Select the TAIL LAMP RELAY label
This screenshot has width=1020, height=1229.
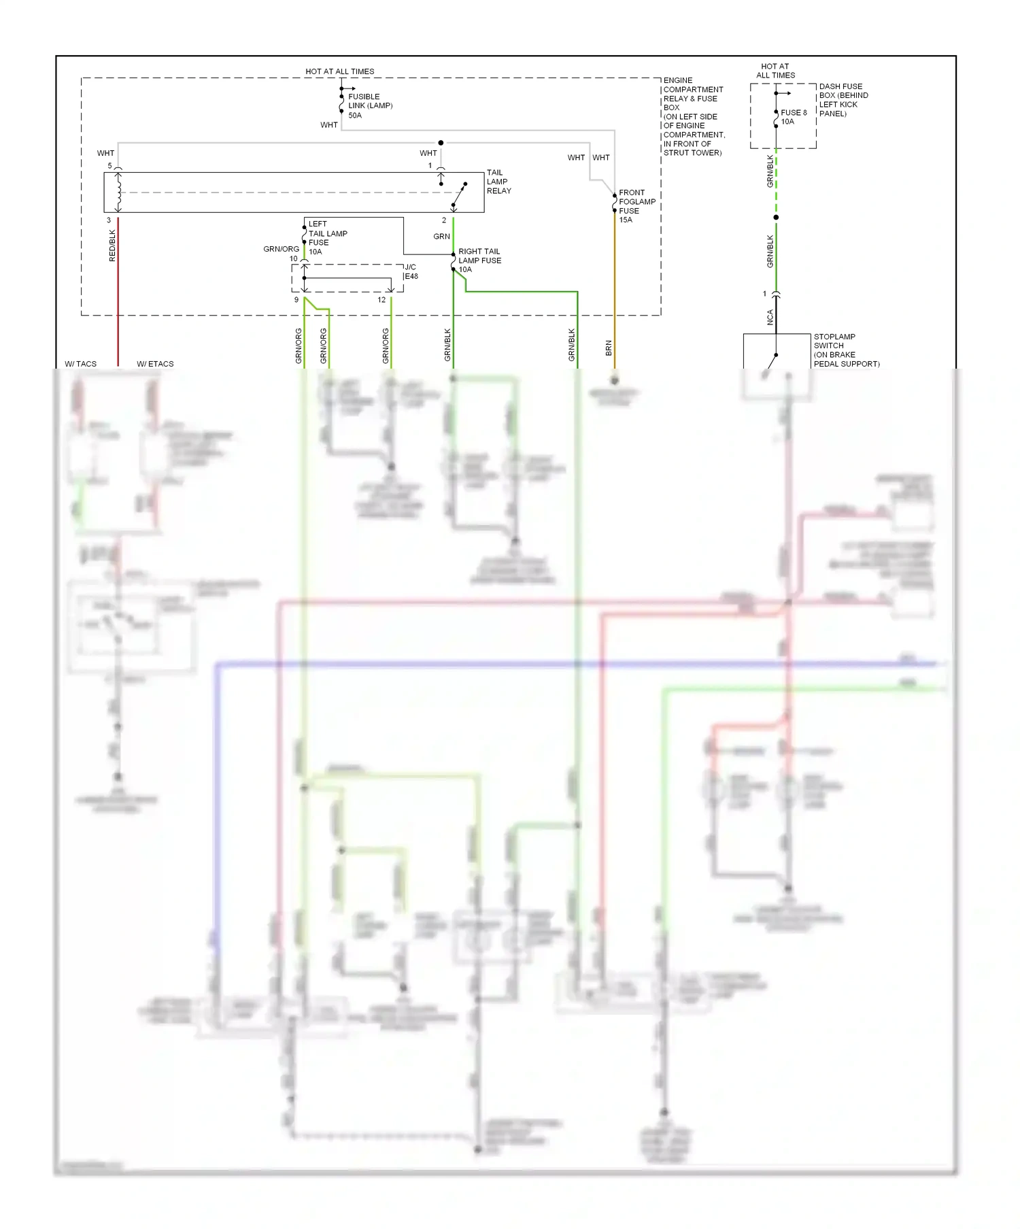click(x=498, y=182)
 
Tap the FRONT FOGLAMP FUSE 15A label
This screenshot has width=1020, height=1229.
click(x=636, y=206)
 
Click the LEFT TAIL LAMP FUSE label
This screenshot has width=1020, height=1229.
click(x=327, y=237)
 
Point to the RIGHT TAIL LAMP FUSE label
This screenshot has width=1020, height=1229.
click(x=479, y=260)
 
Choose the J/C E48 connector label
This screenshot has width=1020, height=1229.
click(x=411, y=271)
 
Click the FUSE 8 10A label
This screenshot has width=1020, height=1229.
click(x=793, y=117)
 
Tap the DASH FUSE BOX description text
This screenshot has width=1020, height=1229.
click(x=843, y=100)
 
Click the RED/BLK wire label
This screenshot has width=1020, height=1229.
click(x=113, y=246)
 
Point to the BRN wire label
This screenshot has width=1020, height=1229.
click(x=609, y=348)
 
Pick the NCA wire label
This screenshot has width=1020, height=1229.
click(x=770, y=318)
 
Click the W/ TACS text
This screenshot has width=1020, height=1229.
click(x=80, y=364)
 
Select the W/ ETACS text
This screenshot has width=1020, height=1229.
click(x=155, y=364)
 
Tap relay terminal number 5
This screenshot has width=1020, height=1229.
click(x=109, y=166)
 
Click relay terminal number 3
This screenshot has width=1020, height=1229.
click(x=109, y=220)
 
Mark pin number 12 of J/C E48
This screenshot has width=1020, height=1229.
click(x=381, y=300)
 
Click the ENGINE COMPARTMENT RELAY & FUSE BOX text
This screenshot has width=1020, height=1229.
click(x=693, y=116)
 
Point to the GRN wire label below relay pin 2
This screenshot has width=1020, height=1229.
click(x=441, y=237)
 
